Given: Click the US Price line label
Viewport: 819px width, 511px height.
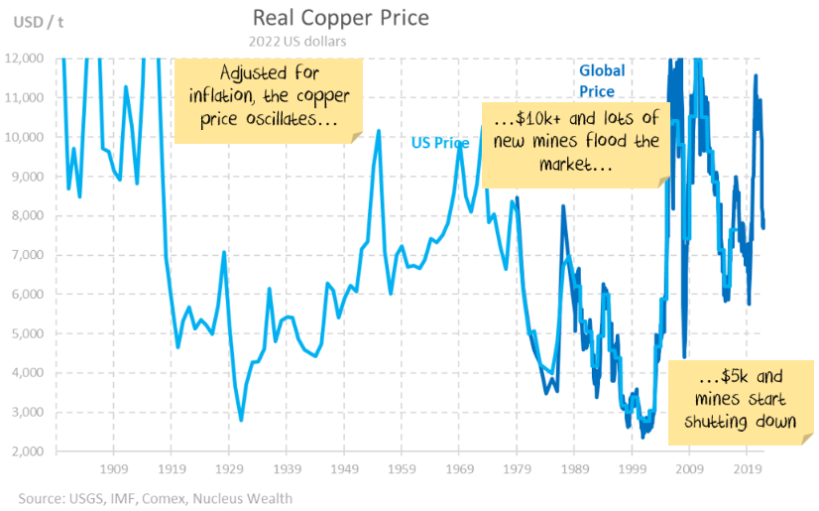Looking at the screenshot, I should pyautogui.click(x=440, y=143).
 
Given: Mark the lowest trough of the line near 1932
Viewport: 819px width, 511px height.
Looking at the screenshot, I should pyautogui.click(x=241, y=421).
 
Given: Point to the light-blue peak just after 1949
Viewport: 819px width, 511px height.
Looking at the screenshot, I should pyautogui.click(x=378, y=130).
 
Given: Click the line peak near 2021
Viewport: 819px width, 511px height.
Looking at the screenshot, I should pyautogui.click(x=757, y=75).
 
